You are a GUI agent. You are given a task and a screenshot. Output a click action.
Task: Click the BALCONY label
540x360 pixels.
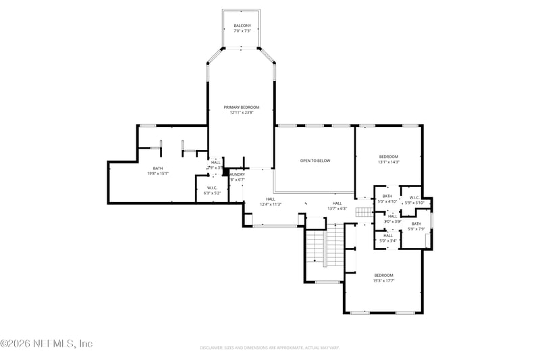point(242,26)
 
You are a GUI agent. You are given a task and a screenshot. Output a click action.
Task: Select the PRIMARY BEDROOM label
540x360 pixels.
point(242,107)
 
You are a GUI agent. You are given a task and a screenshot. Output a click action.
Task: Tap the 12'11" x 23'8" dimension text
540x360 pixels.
point(242,113)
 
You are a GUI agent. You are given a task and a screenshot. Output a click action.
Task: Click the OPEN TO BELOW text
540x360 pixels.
point(315,161)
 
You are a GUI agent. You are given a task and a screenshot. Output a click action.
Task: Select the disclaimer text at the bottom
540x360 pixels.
point(269,348)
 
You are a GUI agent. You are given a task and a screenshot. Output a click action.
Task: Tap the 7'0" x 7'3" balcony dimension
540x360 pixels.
point(242,31)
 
